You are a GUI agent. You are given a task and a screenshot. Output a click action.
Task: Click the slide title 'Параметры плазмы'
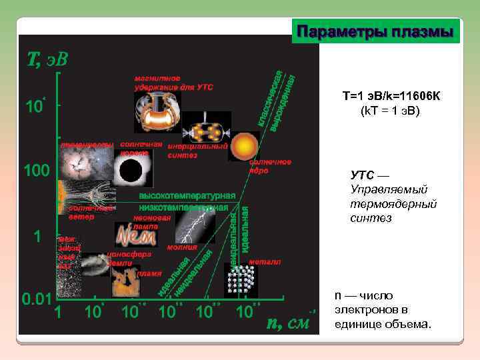click(x=375, y=32)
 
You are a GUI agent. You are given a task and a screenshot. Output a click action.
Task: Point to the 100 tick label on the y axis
click(x=37, y=171)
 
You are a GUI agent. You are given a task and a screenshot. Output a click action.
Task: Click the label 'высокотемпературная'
click(x=187, y=196)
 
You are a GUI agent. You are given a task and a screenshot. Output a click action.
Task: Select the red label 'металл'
click(x=265, y=262)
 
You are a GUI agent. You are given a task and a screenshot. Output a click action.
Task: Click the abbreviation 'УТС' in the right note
click(x=363, y=175)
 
